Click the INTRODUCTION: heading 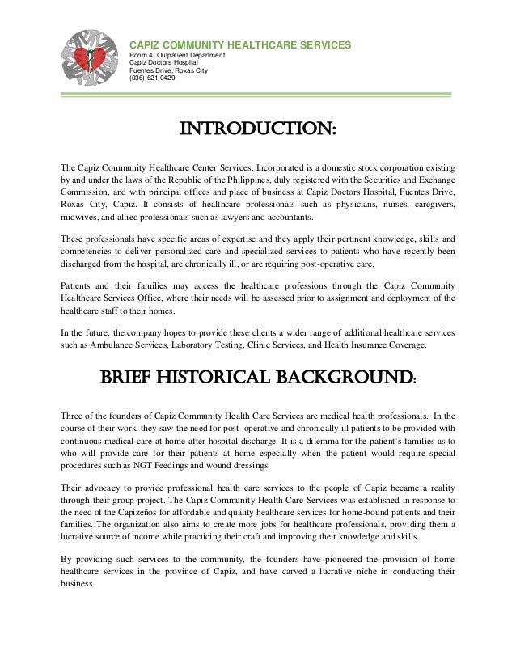click(x=257, y=130)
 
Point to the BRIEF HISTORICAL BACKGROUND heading click(x=257, y=378)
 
